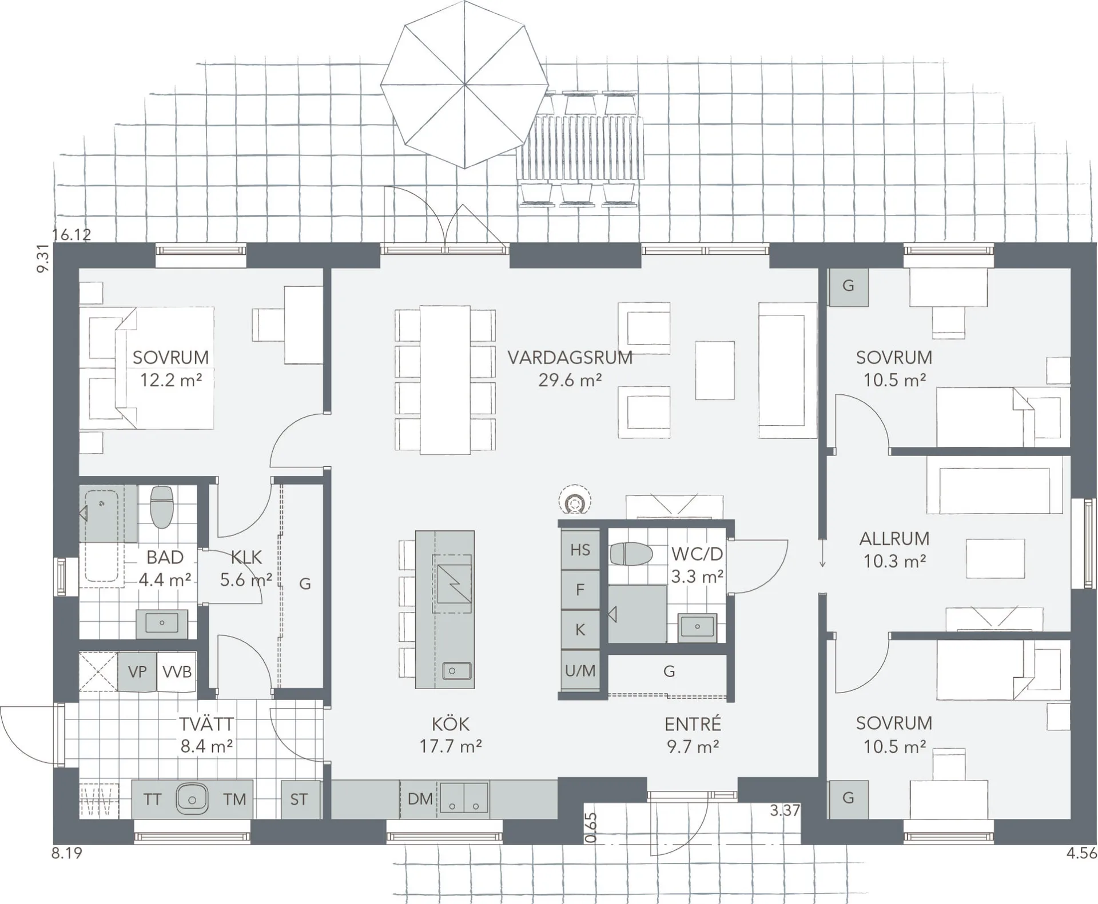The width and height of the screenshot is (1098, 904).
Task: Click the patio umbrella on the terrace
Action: click(464, 85)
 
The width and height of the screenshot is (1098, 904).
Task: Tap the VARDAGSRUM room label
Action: click(570, 358)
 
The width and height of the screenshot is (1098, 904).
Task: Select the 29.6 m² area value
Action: click(570, 380)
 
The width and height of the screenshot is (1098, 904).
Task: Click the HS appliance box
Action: click(580, 550)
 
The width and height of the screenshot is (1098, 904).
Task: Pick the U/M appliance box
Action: click(580, 670)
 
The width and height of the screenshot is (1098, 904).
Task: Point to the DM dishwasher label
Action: click(420, 798)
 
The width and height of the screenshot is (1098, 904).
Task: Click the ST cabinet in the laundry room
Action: click(299, 799)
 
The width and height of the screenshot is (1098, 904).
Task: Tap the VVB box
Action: click(177, 671)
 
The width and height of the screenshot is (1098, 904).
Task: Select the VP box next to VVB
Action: click(137, 671)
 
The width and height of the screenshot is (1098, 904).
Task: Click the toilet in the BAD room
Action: click(161, 506)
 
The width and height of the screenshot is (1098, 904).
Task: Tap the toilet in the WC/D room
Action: click(631, 554)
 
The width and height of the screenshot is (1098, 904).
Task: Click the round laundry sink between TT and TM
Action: click(192, 798)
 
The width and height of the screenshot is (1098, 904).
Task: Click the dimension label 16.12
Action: click(71, 235)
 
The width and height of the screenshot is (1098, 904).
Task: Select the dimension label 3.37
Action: click(785, 810)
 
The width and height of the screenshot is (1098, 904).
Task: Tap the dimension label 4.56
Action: click(1081, 854)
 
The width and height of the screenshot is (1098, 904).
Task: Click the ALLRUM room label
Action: click(894, 538)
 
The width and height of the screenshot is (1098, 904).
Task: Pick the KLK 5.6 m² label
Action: click(246, 569)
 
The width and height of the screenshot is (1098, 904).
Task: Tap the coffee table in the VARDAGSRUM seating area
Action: click(715, 370)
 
